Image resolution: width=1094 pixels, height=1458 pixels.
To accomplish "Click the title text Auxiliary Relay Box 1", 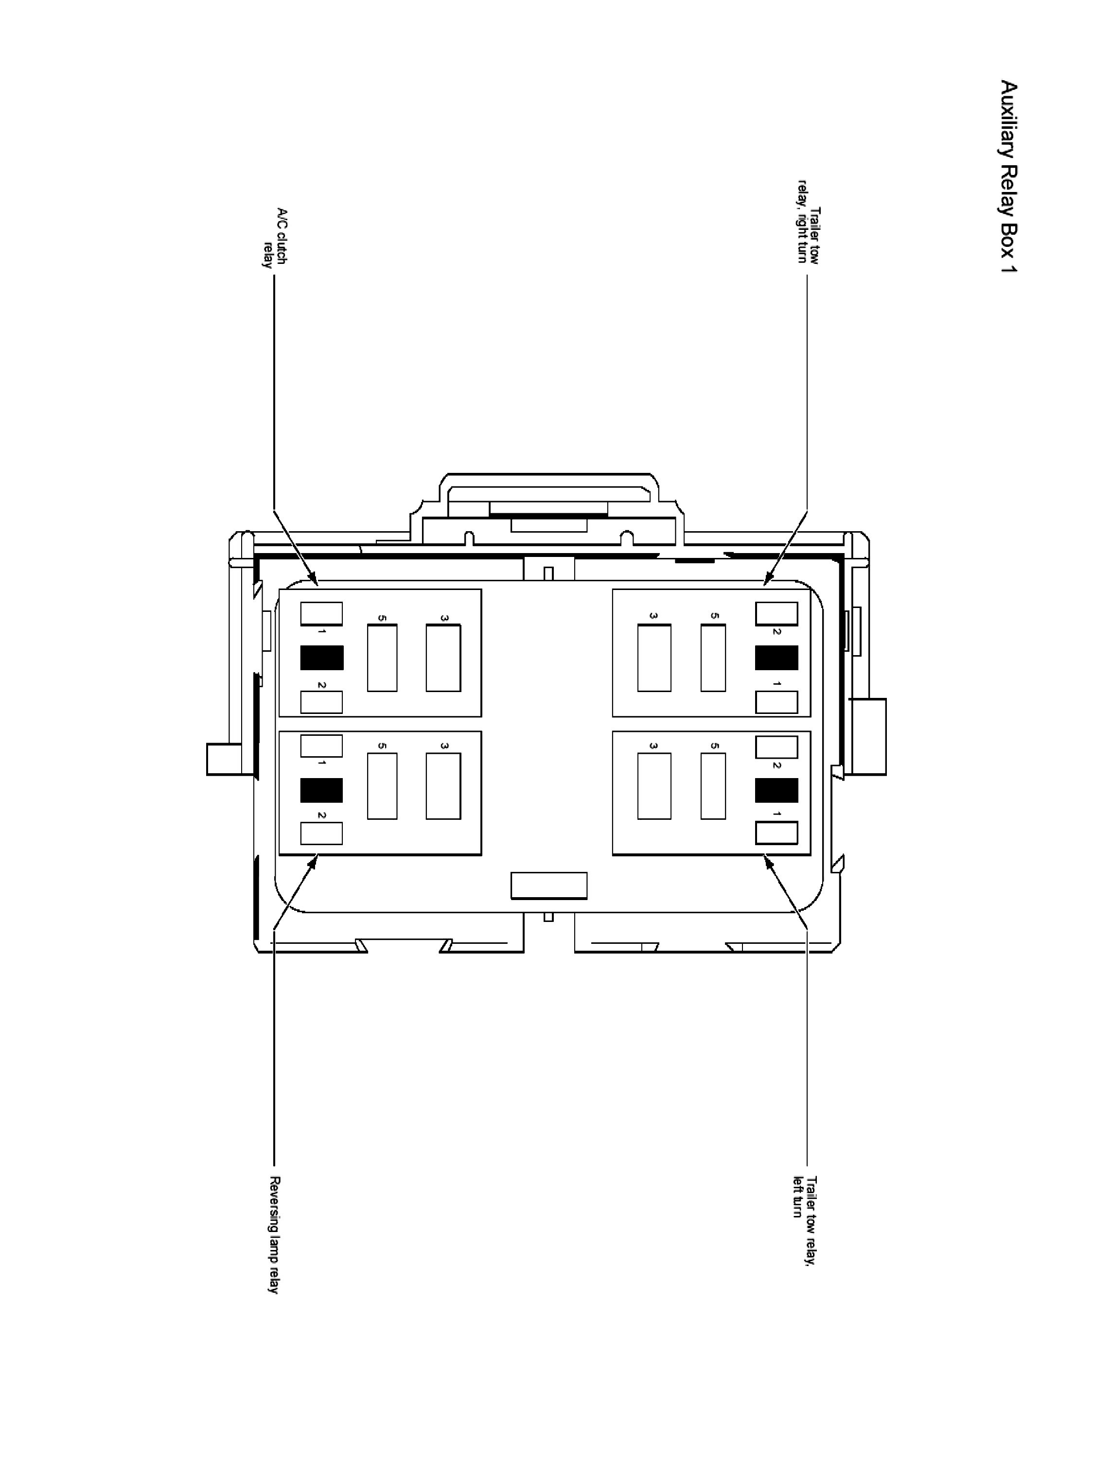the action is click(x=1008, y=176).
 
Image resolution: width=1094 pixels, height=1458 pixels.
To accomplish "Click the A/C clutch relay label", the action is click(x=273, y=238).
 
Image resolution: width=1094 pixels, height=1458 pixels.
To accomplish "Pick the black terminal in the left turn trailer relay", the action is click(x=776, y=790).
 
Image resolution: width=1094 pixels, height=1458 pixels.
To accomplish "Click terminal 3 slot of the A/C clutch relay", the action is click(x=443, y=658).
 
